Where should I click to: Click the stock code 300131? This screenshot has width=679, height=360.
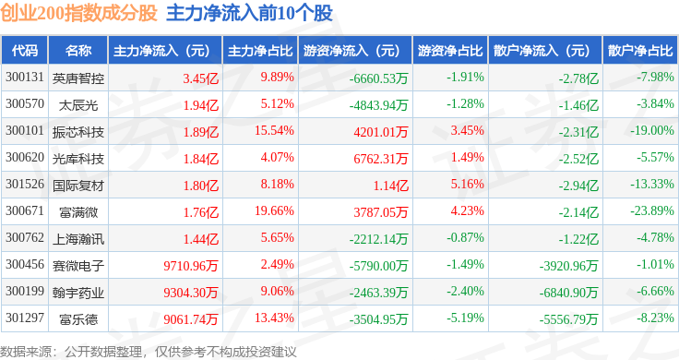tap(25, 78)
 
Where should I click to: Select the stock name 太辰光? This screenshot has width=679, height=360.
tap(78, 105)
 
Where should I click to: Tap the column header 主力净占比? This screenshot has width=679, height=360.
tap(260, 51)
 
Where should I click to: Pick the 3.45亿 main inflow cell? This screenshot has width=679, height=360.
tap(200, 78)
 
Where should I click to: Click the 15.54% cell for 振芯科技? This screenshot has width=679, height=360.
tap(274, 131)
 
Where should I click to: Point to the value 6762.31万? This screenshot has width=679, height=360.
tap(381, 159)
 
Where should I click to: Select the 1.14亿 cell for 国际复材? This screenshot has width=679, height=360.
tap(391, 186)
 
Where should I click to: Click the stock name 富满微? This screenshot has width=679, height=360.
tap(78, 211)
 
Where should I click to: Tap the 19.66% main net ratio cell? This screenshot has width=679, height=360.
tap(274, 211)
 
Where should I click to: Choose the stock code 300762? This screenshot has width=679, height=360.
tap(25, 237)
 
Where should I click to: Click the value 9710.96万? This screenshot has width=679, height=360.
tap(191, 266)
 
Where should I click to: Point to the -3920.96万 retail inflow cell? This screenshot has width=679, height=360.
tap(568, 266)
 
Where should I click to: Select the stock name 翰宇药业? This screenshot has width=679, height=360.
tap(78, 293)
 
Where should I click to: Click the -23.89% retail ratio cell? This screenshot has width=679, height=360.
tap(652, 211)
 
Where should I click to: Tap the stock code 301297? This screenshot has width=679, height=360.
tap(25, 318)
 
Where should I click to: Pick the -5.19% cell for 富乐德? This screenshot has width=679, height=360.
tap(465, 318)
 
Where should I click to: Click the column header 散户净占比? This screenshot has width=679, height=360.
tap(640, 51)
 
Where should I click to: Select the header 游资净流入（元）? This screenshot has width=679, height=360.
tap(351, 51)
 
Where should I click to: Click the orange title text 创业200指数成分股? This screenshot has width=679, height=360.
tap(78, 13)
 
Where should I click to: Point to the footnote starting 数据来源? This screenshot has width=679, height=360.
tap(149, 352)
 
